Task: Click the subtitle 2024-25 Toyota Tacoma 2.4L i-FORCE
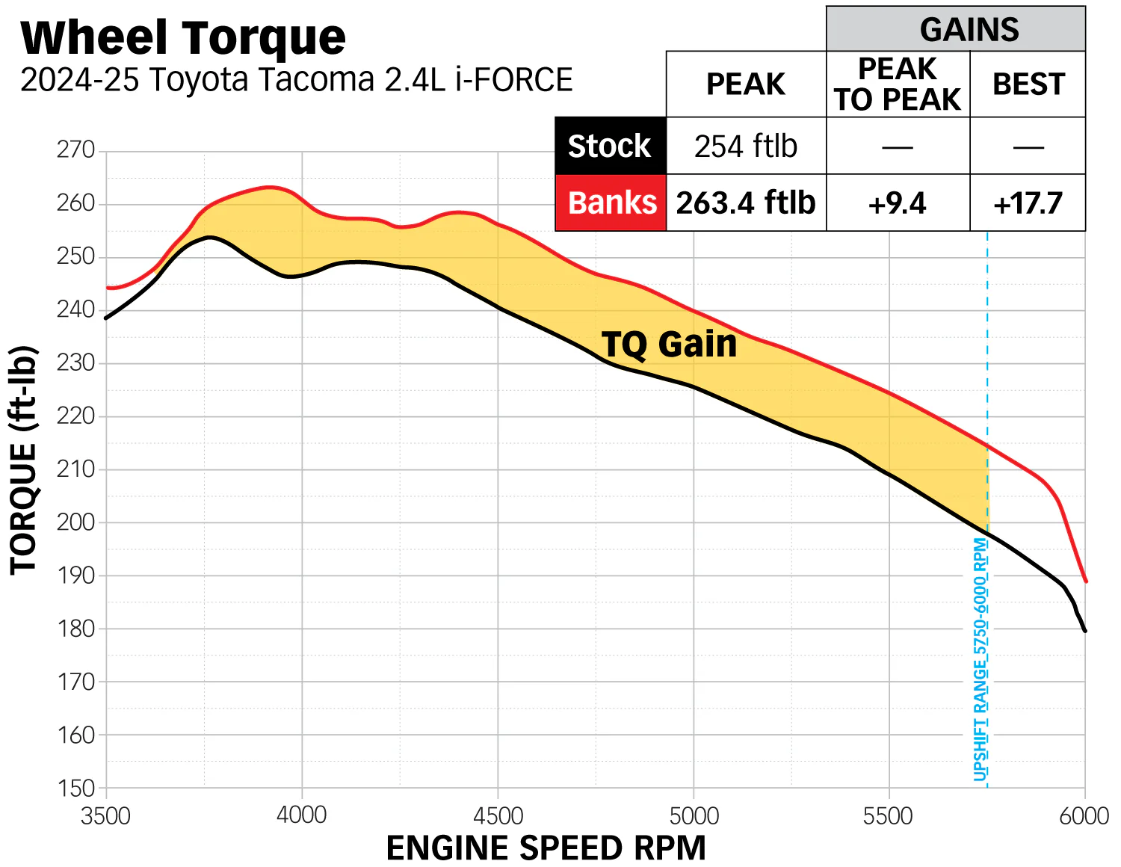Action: coord(296,80)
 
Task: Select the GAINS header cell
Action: coord(969,30)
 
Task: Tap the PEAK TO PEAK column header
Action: coord(898,84)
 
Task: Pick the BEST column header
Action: coord(1028,84)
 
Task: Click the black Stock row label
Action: coord(610,146)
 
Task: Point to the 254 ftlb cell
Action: coord(746,146)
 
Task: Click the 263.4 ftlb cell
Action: coord(746,203)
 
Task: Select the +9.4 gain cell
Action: coord(898,203)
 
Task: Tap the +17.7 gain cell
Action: coord(1028,203)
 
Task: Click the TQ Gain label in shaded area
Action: coord(669,345)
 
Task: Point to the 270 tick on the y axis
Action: coord(76,150)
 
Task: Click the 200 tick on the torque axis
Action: coord(76,522)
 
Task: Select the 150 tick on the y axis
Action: coord(76,788)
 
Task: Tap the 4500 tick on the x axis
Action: coord(498,815)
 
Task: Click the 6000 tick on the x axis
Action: coord(1084,815)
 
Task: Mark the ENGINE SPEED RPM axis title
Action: coord(546,848)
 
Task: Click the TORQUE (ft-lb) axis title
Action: coord(24,460)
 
